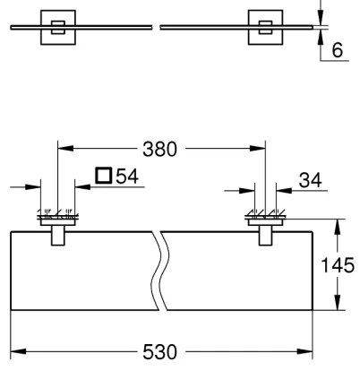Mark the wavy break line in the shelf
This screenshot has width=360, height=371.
pos(161,270)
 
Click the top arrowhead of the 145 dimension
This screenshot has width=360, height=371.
pos(338,225)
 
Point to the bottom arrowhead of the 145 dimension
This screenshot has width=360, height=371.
pos(338,307)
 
